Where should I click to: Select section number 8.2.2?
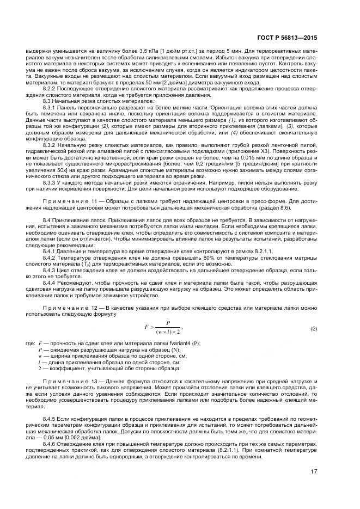coord(50,88)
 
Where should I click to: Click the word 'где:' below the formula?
coord(30,344)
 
